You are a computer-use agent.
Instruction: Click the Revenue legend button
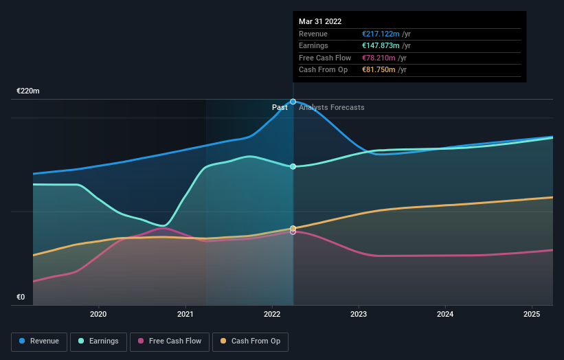(x=39, y=341)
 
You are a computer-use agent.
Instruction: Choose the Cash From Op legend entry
(x=250, y=341)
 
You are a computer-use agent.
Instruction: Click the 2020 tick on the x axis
(x=98, y=315)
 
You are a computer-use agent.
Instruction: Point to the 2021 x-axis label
(x=185, y=315)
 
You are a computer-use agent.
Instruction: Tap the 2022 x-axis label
(x=272, y=315)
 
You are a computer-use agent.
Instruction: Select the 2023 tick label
(x=359, y=315)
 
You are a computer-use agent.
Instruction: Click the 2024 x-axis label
(x=445, y=315)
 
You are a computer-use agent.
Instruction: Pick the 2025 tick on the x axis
(x=532, y=315)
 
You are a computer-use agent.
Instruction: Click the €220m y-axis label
(x=28, y=91)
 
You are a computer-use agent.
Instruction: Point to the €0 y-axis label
(x=21, y=297)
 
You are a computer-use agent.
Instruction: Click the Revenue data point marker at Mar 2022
(x=293, y=102)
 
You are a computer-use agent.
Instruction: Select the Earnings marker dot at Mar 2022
(x=293, y=166)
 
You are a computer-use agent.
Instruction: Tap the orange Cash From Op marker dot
(x=293, y=228)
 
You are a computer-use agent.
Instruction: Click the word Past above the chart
(x=280, y=107)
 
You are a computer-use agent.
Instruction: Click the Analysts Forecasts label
(x=332, y=107)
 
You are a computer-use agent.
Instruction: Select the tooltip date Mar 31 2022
(x=320, y=22)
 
